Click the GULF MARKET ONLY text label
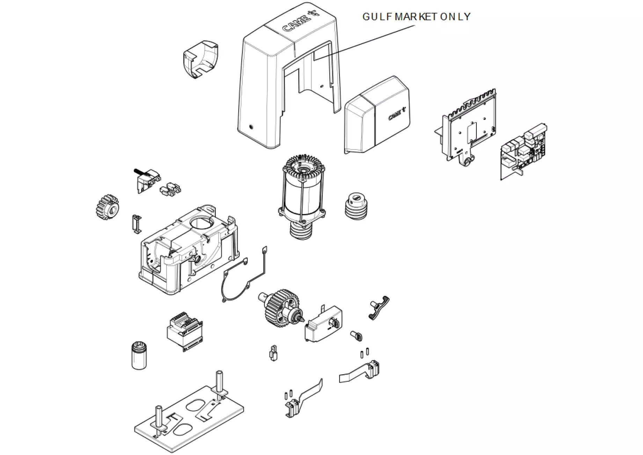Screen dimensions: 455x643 pos(416,16)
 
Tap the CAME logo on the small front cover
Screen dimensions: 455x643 pos(397,114)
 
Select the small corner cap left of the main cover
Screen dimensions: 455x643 pos(200,59)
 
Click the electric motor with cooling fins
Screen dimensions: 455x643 pos(303,196)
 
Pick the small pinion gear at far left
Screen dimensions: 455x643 pos(107,207)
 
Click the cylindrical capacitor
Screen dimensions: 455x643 pos(139,355)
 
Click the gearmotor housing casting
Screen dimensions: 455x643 pos(189,250)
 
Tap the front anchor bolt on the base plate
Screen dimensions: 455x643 pos(159,418)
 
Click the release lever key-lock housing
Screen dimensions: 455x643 pos(324,323)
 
